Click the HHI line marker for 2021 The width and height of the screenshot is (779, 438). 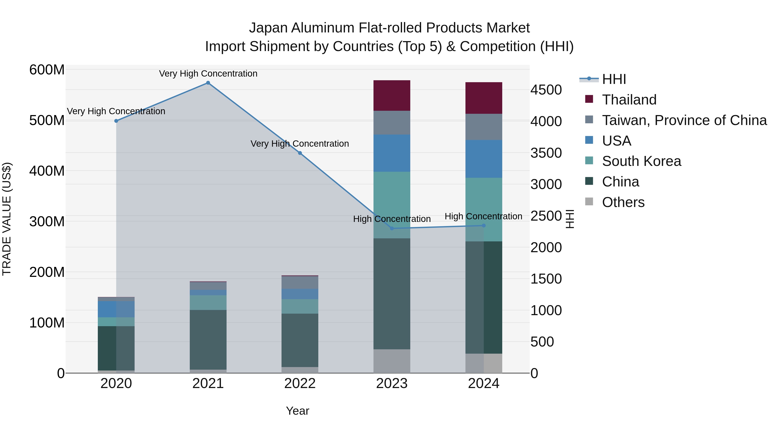[x=208, y=83]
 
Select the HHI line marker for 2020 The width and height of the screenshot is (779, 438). [x=116, y=121]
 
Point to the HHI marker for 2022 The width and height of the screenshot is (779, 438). [x=300, y=153]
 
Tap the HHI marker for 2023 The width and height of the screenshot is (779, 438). [x=392, y=228]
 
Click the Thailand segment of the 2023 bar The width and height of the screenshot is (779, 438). [x=392, y=96]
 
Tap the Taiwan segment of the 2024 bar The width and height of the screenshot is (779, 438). [x=484, y=127]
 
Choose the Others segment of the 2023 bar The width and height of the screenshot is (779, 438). [x=392, y=361]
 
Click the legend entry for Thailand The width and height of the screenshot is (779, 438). [x=629, y=100]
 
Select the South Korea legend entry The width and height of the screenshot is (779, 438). [x=641, y=161]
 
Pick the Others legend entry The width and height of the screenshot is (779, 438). [x=623, y=202]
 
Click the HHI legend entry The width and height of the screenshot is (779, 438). [x=614, y=79]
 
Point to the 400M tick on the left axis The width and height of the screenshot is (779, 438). [x=47, y=171]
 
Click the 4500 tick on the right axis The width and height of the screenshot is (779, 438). [x=546, y=90]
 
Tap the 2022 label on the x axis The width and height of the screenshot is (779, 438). [x=300, y=383]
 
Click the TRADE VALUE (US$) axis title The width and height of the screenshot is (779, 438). [x=7, y=219]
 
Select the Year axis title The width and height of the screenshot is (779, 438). [x=298, y=411]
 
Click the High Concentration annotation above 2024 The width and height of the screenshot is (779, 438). [x=483, y=217]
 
